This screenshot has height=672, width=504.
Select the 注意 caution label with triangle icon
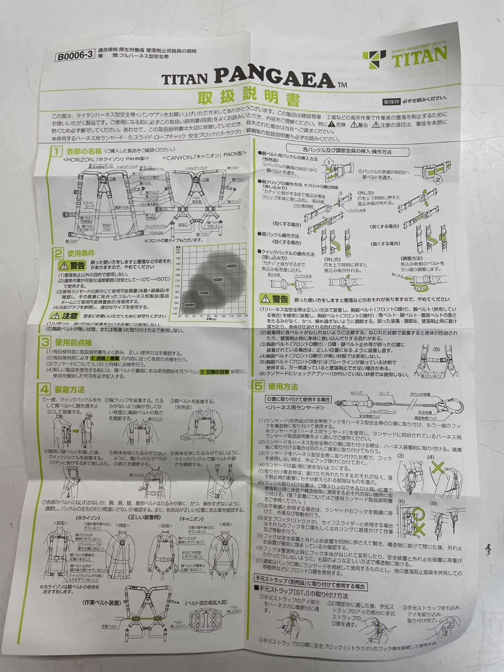click(x=65, y=315)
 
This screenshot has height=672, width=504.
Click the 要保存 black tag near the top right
click(x=391, y=101)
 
